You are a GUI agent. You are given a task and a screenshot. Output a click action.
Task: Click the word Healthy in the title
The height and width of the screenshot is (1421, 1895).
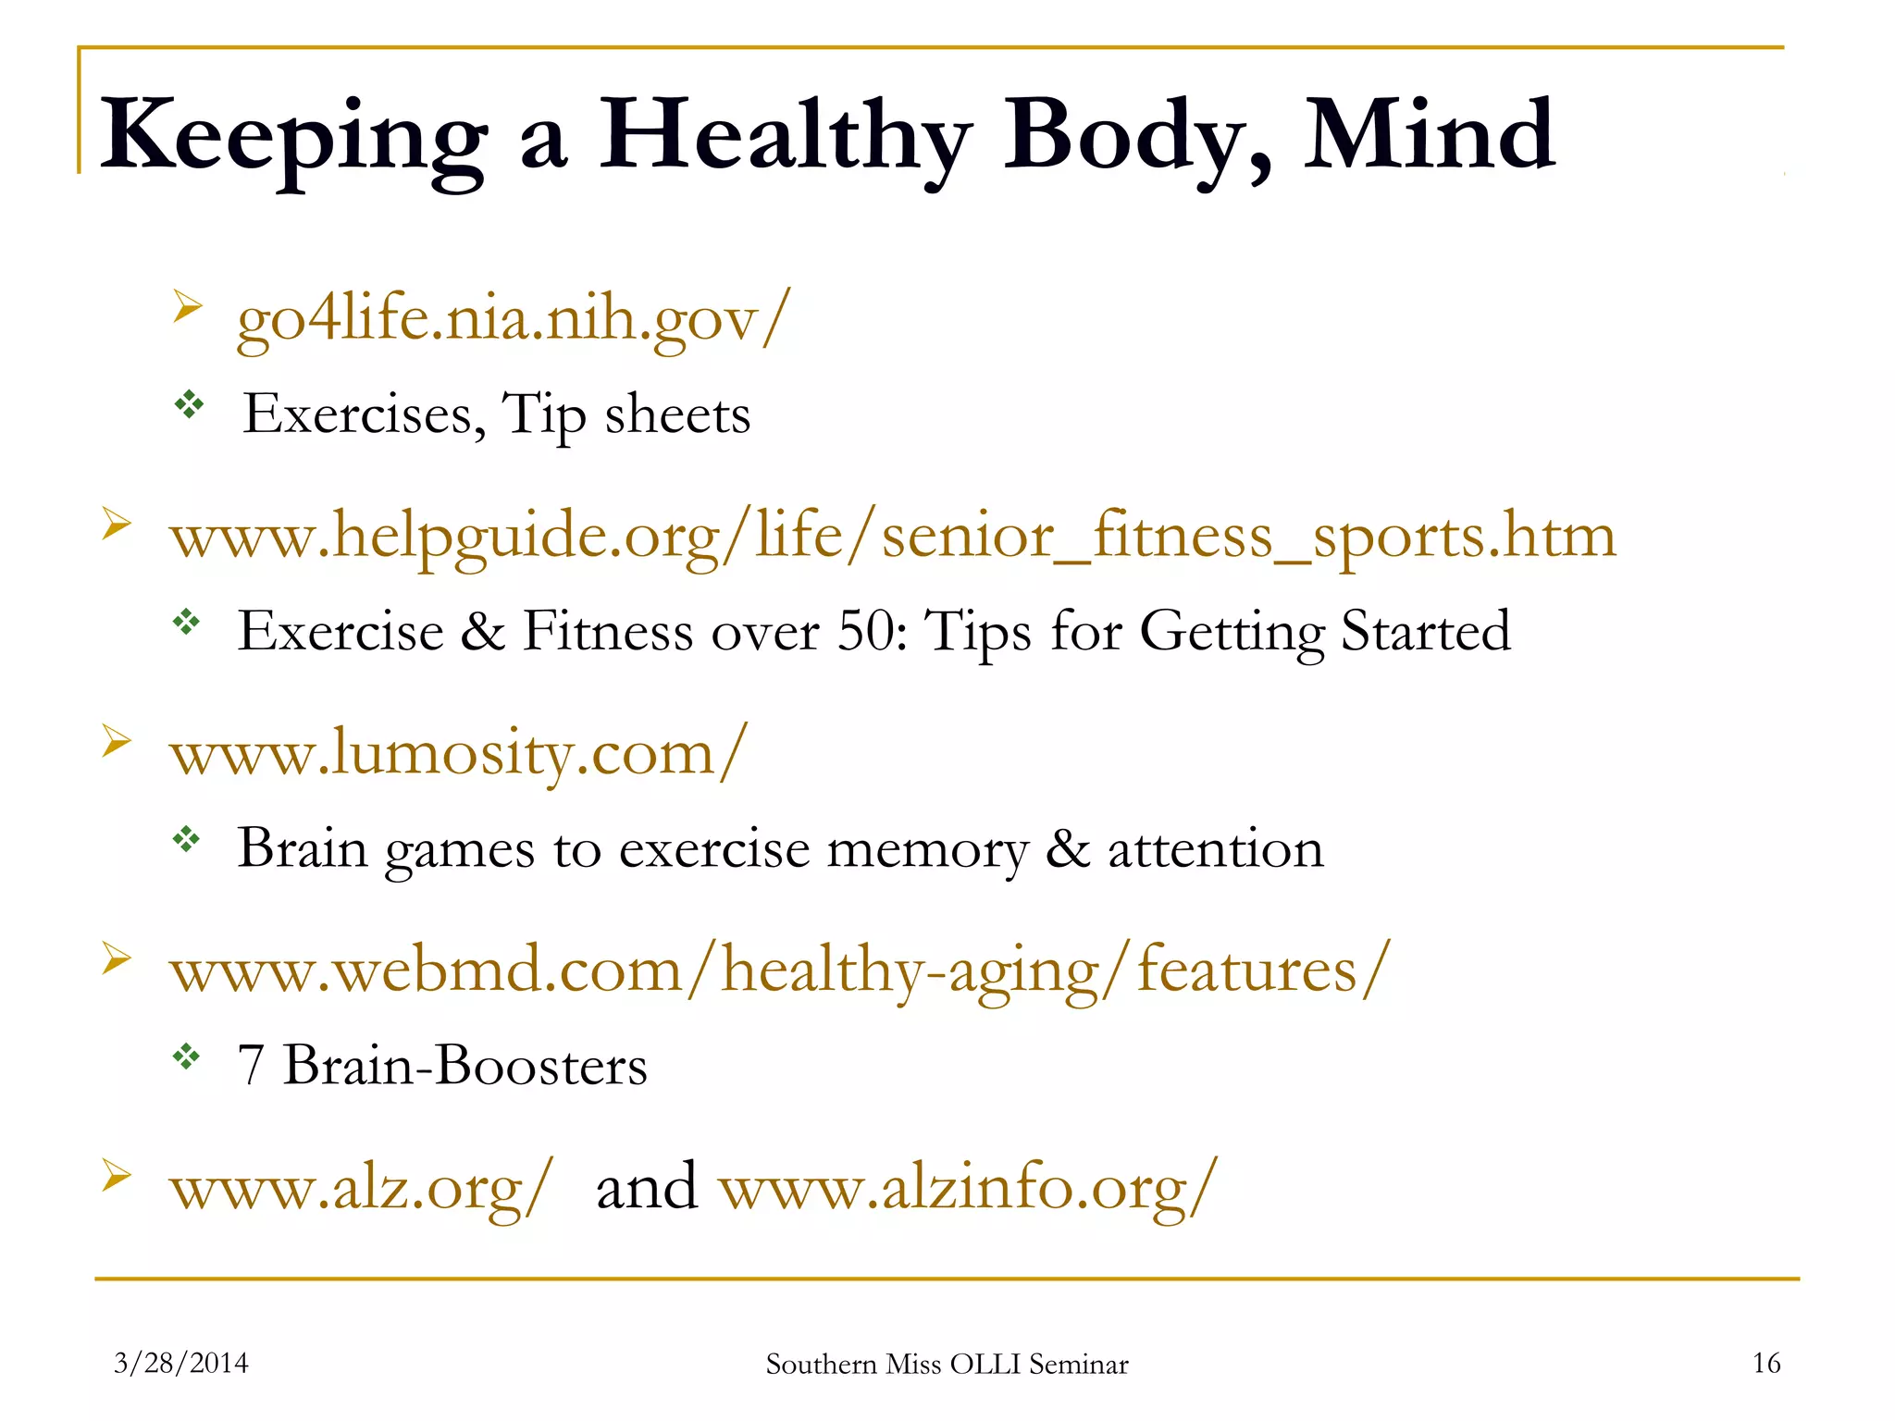click(x=785, y=137)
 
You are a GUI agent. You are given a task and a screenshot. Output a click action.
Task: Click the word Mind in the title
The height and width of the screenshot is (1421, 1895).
click(x=1429, y=137)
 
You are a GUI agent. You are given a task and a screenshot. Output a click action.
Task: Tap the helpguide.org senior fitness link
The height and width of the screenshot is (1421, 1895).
click(x=893, y=537)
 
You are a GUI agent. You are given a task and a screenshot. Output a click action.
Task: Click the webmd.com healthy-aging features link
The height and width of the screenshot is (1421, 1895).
click(x=779, y=971)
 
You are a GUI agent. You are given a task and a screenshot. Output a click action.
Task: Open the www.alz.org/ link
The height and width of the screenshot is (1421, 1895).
click(x=361, y=1188)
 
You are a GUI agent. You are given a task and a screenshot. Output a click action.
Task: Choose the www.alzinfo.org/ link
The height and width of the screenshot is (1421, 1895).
click(x=968, y=1188)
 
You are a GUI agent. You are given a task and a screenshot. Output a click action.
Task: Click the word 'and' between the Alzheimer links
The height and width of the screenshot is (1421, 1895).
click(x=647, y=1188)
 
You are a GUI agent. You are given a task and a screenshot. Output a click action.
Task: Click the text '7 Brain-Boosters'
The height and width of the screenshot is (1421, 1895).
click(x=442, y=1066)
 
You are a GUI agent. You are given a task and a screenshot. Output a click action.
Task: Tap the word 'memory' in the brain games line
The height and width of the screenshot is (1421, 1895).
click(x=926, y=849)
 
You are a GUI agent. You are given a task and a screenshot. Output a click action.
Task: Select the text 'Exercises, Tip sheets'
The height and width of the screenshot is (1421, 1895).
click(x=496, y=414)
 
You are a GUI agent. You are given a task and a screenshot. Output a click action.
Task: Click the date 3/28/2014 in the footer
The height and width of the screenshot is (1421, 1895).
click(x=181, y=1363)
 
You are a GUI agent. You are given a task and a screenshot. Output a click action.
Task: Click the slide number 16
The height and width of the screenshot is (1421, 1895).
click(x=1765, y=1363)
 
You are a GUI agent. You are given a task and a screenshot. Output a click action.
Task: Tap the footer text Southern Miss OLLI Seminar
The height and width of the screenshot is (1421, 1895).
click(x=947, y=1365)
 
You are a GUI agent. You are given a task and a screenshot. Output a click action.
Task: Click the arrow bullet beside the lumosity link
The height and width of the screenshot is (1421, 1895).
click(x=117, y=741)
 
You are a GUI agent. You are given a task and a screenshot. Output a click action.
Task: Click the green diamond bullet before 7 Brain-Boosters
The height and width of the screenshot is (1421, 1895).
click(x=187, y=1056)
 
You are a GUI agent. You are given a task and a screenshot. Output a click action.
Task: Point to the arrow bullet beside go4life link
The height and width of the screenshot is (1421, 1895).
click(x=187, y=306)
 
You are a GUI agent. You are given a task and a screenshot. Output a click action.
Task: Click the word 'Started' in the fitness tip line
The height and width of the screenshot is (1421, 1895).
click(x=1425, y=632)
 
